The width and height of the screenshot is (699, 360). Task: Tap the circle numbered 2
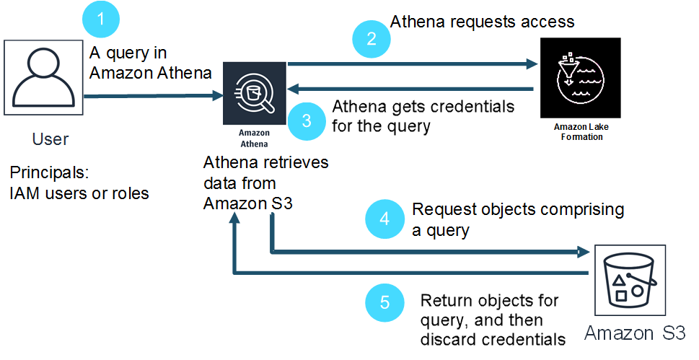[372, 39]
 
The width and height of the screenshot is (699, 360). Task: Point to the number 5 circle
[384, 303]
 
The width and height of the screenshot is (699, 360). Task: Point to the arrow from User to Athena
[151, 95]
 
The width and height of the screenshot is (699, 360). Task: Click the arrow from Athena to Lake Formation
[411, 64]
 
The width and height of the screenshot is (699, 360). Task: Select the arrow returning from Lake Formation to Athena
[411, 89]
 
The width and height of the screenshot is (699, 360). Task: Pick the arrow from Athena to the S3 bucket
[426, 252]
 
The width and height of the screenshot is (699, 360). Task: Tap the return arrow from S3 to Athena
[411, 273]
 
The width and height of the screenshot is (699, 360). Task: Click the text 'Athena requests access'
[482, 22]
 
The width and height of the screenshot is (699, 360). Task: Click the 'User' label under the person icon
[50, 139]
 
